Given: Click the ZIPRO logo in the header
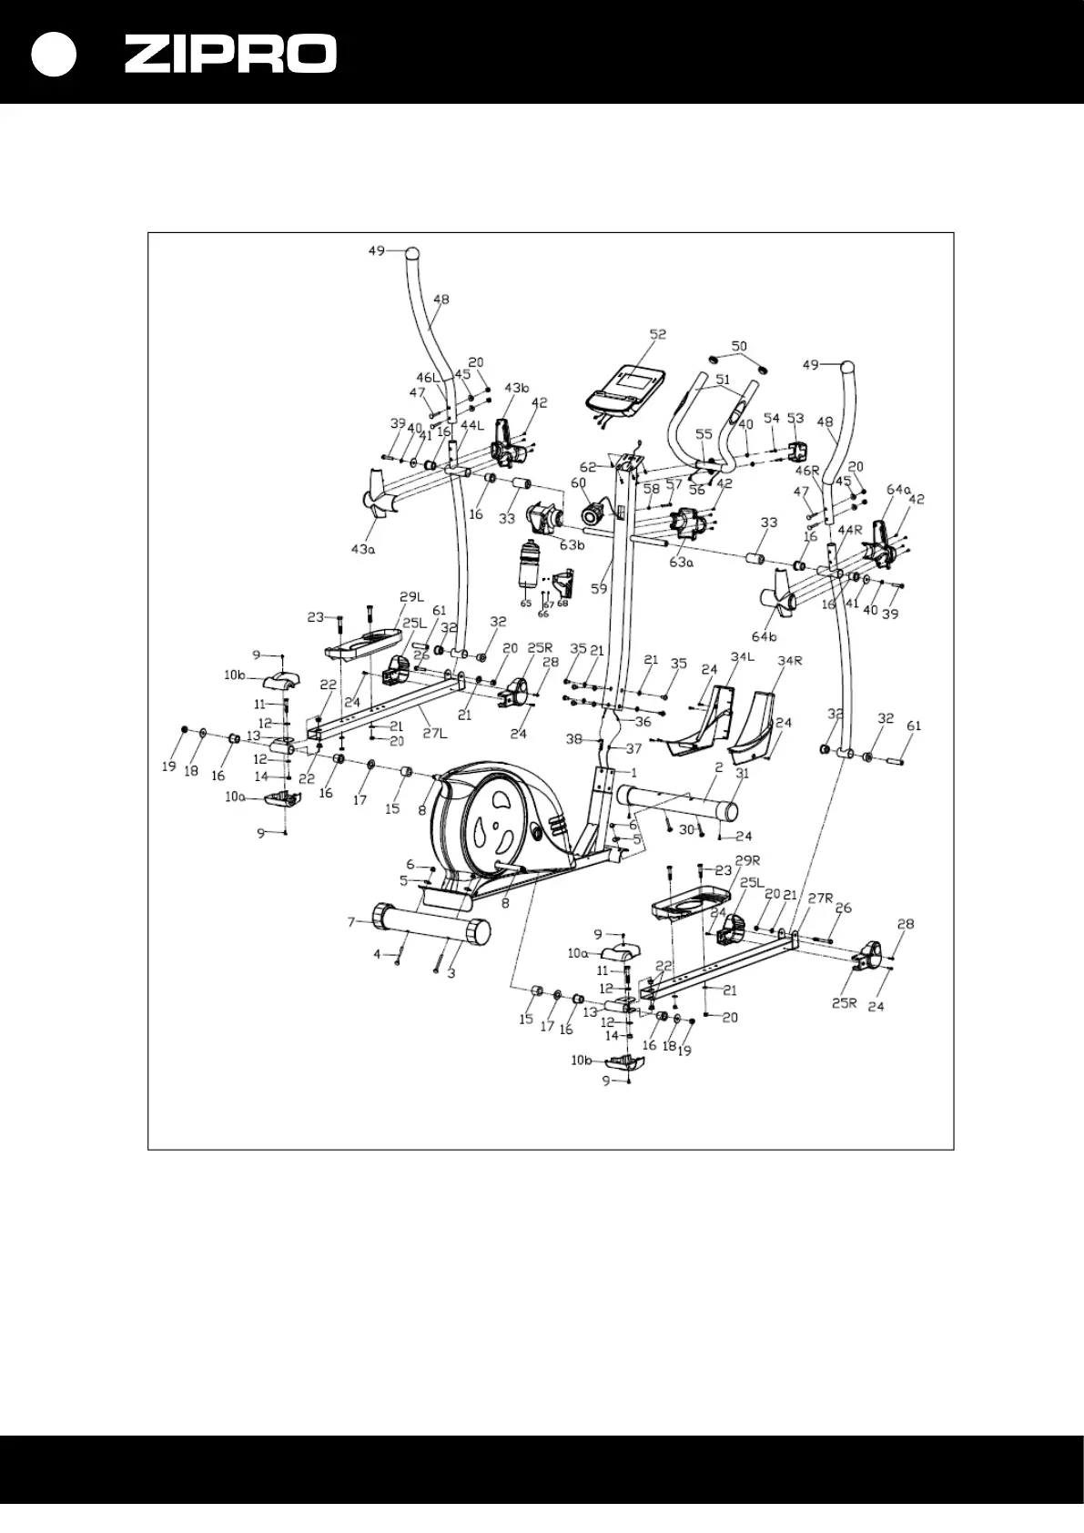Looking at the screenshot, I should coord(230,55).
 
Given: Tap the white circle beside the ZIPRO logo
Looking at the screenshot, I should coord(53,55).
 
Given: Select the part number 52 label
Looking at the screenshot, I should coord(657,334).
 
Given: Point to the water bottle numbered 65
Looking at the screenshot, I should coord(528,566).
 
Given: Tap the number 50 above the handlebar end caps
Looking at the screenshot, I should coord(739,346).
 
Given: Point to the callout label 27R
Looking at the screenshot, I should coord(821,898).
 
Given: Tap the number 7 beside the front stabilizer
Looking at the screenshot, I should coord(350,922).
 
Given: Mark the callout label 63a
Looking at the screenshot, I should coord(682,563).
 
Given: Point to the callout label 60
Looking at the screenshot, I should coord(579,482).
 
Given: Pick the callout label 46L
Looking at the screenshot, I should coord(428,377).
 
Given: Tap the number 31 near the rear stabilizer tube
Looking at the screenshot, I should coord(742,774).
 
